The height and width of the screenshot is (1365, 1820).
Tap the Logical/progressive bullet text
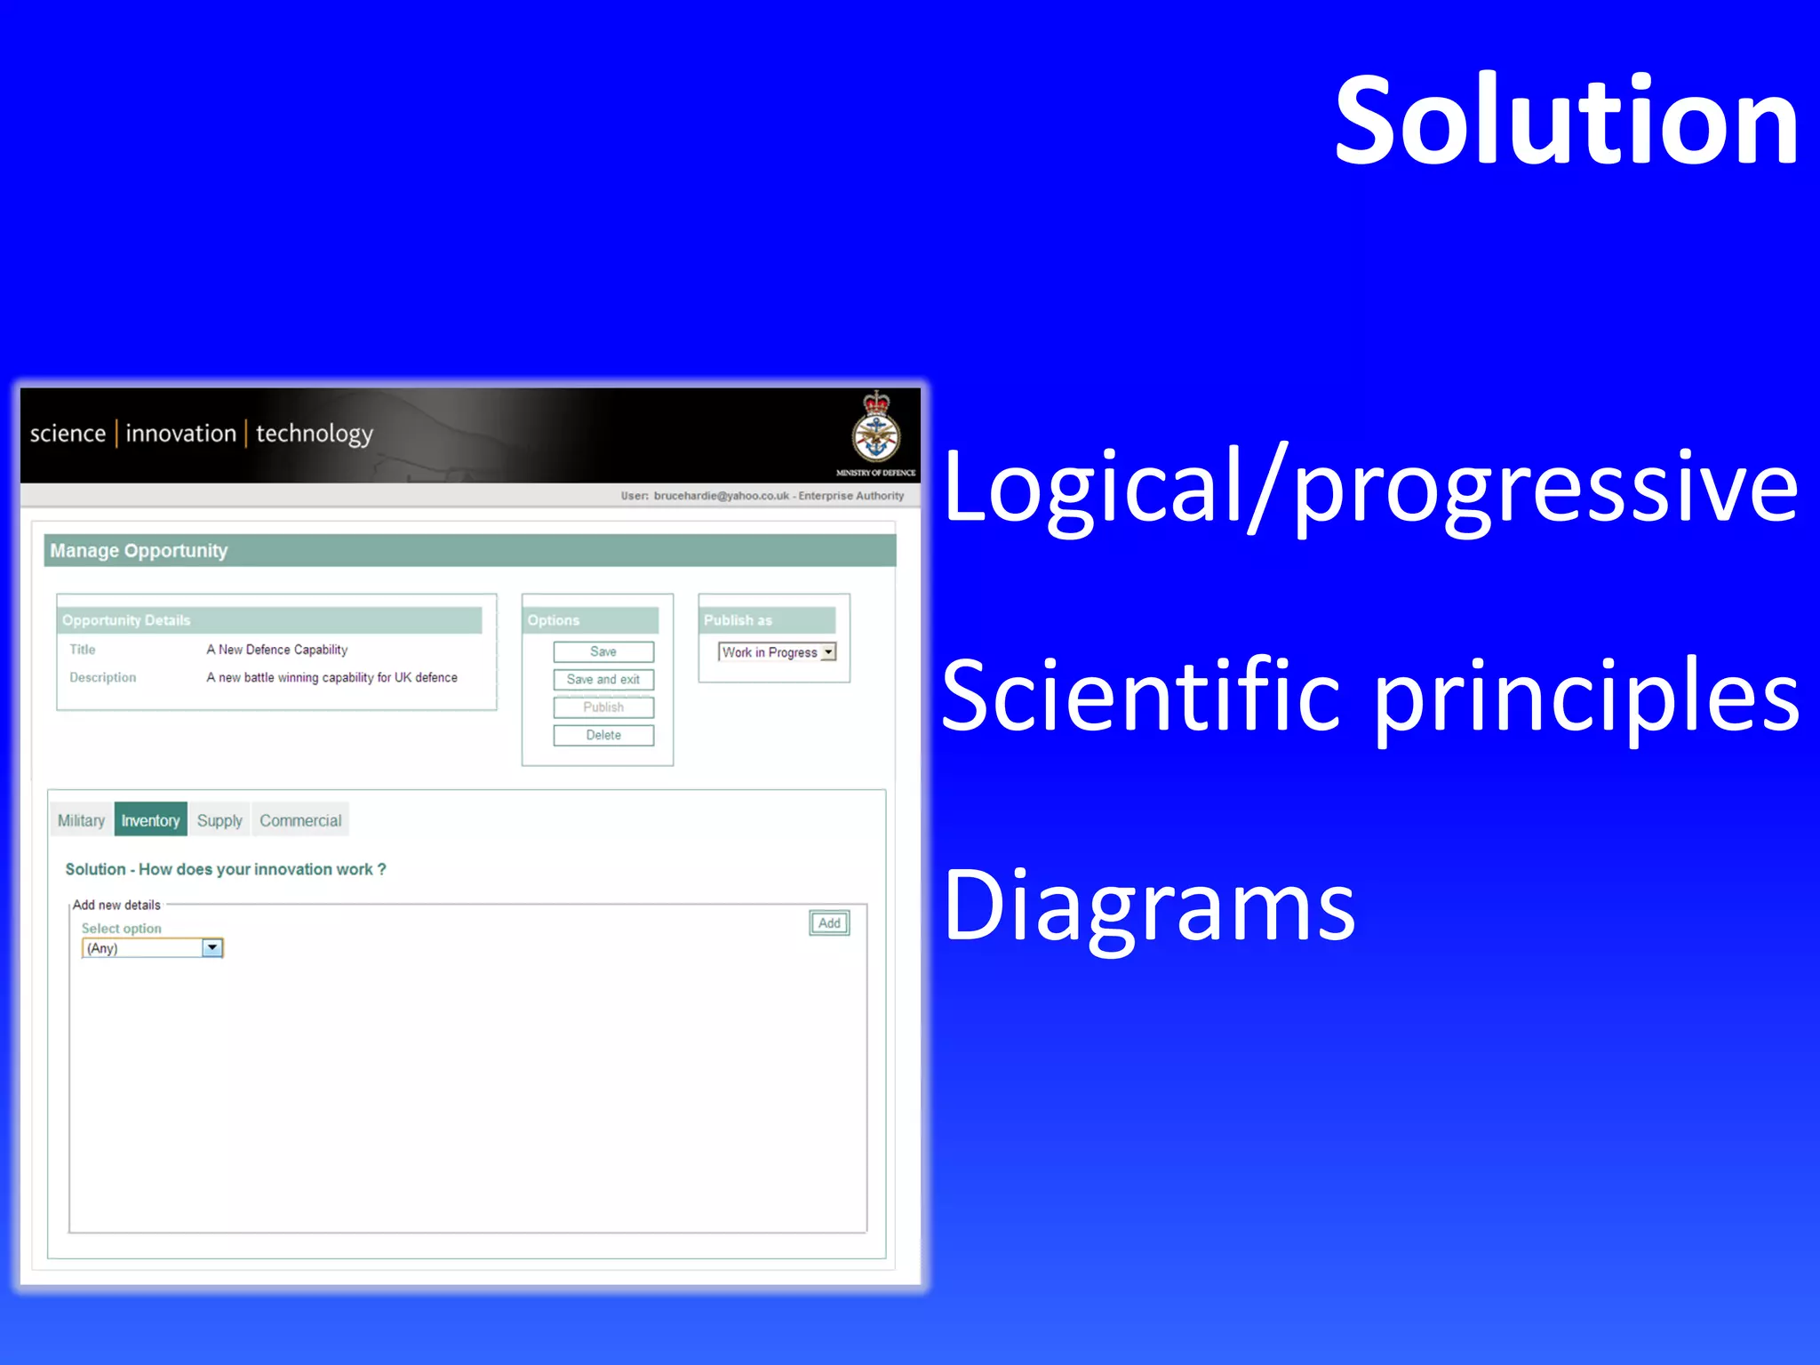[x=1370, y=487]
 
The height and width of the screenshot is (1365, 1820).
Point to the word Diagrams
[x=1148, y=906]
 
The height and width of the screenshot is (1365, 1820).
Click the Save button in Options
[x=603, y=651]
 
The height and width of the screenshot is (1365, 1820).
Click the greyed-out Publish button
[x=603, y=707]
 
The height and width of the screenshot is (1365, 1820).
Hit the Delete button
[x=603, y=735]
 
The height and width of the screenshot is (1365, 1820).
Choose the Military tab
[x=81, y=820]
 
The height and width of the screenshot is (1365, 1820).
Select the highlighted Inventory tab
[x=150, y=820]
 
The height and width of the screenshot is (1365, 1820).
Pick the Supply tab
[x=220, y=820]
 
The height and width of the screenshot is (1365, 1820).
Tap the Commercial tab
[x=300, y=820]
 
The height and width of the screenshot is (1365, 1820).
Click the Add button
[x=829, y=923]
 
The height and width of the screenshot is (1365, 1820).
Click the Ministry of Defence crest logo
[x=876, y=429]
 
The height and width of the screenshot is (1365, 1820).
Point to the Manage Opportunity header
[x=139, y=551]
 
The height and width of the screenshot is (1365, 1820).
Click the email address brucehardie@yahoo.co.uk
[x=721, y=496]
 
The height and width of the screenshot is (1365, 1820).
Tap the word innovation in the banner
[x=180, y=434]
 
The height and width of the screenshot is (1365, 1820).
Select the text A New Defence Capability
[x=276, y=650]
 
